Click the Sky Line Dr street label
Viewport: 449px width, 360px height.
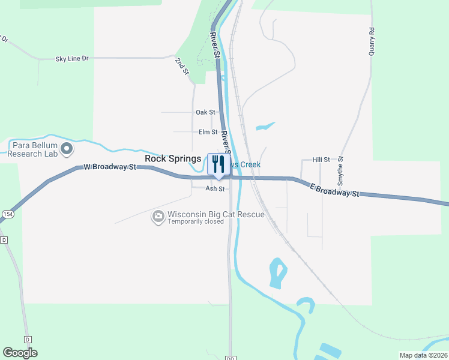(x=71, y=58)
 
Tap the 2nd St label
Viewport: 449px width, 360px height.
(x=182, y=66)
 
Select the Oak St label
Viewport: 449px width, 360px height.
(x=205, y=112)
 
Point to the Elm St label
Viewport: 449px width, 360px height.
(x=207, y=132)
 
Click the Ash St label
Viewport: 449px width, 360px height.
(x=215, y=188)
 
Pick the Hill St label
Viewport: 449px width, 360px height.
(x=322, y=160)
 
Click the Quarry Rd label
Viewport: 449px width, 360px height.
(x=372, y=41)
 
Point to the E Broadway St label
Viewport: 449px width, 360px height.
(x=334, y=191)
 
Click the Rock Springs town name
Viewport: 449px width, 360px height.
(x=173, y=158)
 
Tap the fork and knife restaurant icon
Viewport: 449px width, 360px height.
(x=218, y=164)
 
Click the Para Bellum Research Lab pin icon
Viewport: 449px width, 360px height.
(x=67, y=148)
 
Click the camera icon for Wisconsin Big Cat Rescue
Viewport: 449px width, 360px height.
(x=158, y=216)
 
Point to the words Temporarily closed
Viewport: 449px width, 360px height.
(x=196, y=221)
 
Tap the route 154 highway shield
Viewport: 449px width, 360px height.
(x=7, y=214)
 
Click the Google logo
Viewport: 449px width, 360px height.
(x=20, y=353)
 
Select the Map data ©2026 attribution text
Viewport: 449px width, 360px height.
(x=423, y=355)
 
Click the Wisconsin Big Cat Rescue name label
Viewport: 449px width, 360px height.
(x=207, y=214)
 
